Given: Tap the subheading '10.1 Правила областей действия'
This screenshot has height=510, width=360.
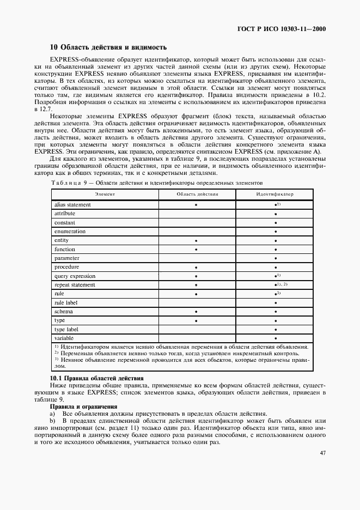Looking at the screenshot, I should [96, 378].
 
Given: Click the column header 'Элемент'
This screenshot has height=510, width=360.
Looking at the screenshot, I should [105, 193].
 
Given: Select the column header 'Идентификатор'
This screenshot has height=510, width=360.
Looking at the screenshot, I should [274, 193].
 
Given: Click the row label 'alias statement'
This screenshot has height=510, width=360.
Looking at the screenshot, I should [72, 205].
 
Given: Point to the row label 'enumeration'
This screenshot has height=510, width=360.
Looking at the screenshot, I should [70, 232].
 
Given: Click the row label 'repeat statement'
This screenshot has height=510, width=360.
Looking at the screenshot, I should [75, 285].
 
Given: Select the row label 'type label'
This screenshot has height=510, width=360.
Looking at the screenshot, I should [66, 330].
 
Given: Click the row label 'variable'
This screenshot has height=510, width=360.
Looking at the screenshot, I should [65, 338].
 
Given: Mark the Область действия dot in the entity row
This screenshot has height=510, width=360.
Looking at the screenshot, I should [196, 241].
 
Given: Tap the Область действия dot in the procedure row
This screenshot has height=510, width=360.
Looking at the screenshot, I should [196, 268].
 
